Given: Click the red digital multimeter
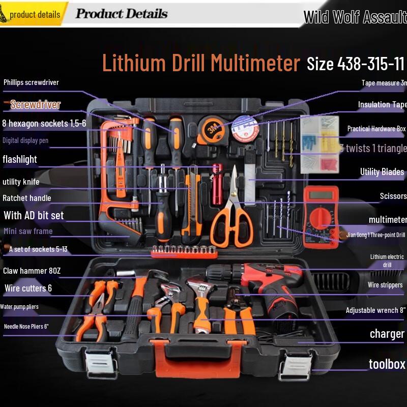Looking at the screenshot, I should click(321, 216).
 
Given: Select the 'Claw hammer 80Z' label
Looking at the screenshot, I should click(32, 271).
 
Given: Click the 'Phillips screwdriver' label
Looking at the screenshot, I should click(31, 82).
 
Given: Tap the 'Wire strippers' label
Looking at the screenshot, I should click(385, 285).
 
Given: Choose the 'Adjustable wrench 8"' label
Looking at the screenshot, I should click(375, 310).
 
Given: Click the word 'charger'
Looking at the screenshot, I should click(387, 334).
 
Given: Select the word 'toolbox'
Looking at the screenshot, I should click(387, 364).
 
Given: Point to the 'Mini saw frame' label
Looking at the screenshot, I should click(28, 231).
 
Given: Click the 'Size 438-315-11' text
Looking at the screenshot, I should click(355, 64).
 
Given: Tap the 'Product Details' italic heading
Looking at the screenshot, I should click(121, 14).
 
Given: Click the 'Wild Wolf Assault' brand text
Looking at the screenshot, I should click(355, 17).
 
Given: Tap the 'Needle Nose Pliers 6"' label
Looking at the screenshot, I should click(26, 327).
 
